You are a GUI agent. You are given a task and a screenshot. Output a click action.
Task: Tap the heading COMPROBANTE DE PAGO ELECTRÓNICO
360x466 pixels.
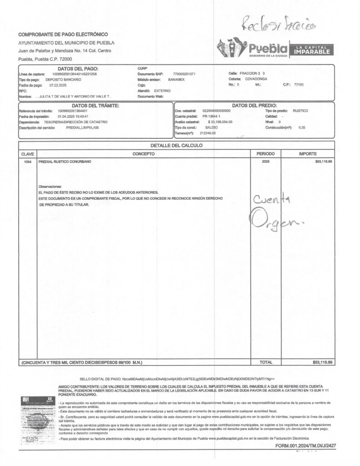(x=63, y=35)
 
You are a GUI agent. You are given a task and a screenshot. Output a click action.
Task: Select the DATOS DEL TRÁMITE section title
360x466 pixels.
(x=96, y=106)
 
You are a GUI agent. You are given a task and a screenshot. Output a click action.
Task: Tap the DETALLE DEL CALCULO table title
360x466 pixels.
(x=176, y=146)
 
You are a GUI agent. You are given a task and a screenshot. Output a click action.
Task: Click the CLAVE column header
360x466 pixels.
(x=28, y=154)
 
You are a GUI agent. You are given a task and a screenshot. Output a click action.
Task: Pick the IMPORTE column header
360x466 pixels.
(x=308, y=154)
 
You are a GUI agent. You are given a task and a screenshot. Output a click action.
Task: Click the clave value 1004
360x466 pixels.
(x=27, y=162)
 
